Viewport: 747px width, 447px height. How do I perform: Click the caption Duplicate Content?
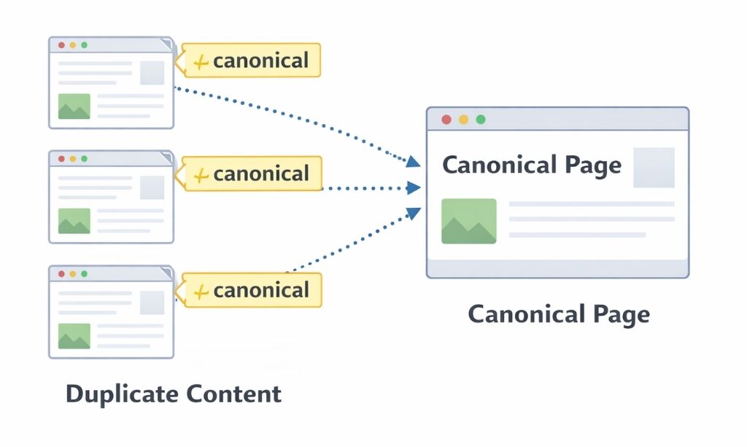(174, 394)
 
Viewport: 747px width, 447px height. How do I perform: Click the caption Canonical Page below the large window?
(558, 314)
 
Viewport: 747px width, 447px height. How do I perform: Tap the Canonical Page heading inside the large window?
(532, 165)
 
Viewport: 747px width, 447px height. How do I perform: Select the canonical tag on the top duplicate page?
(252, 61)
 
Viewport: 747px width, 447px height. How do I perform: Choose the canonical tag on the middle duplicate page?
(252, 174)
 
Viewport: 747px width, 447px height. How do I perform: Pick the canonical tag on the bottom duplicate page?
(252, 290)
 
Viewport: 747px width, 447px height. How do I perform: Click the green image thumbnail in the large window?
(468, 221)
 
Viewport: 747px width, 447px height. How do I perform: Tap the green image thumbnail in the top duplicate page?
(74, 106)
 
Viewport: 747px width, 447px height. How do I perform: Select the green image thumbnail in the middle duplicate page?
(74, 221)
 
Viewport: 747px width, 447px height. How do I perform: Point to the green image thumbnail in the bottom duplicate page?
(74, 335)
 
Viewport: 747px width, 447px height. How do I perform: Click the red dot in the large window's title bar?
(446, 120)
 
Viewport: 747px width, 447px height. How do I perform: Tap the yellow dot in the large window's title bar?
(463, 120)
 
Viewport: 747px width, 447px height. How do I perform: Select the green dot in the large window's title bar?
(480, 120)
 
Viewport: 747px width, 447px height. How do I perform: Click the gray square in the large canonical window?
(654, 168)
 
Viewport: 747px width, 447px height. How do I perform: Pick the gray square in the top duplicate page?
(152, 73)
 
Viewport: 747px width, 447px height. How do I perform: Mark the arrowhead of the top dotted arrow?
(413, 162)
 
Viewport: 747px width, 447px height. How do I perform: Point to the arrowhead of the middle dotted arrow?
(414, 188)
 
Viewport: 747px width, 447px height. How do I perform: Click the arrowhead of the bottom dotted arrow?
(413, 213)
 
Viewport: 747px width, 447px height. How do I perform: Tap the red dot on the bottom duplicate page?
(61, 274)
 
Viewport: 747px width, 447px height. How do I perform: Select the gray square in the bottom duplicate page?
(152, 302)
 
